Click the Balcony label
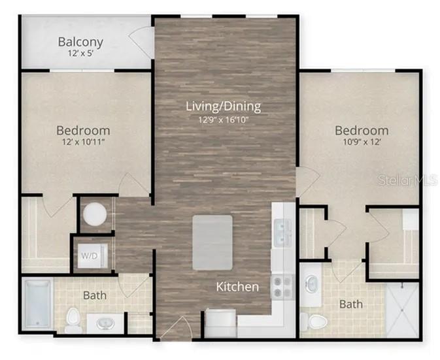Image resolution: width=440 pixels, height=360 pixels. (80, 42)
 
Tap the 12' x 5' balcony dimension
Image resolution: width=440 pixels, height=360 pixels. (80, 55)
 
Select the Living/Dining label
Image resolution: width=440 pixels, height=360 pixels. (223, 106)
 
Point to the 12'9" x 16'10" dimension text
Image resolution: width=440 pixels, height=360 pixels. (223, 119)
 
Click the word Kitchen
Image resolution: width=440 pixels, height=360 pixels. (237, 286)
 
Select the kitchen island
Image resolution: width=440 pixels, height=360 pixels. (212, 242)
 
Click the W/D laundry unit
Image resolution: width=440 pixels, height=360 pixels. (88, 256)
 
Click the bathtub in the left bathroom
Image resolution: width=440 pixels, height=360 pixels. (38, 304)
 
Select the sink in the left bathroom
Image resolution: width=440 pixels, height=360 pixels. (105, 323)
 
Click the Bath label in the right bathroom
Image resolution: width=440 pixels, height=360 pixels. (351, 304)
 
